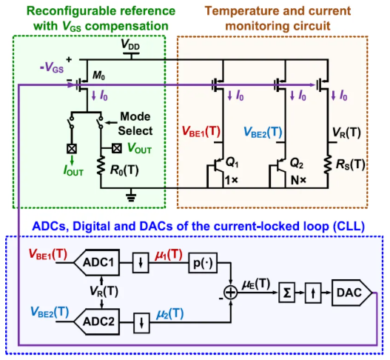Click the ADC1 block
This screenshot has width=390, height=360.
[97, 262]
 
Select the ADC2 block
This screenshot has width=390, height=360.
[97, 321]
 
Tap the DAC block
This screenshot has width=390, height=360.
[352, 293]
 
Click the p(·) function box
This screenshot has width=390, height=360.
[203, 263]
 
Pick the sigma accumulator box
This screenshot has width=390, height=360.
[287, 293]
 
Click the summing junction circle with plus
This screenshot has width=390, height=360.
[231, 293]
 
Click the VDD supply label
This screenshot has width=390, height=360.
[130, 44]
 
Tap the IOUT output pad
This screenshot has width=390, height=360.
[72, 149]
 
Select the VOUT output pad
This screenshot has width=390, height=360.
[117, 149]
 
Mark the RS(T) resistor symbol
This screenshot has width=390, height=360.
[328, 164]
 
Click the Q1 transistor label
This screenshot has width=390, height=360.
[232, 163]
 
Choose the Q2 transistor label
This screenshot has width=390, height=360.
[297, 164]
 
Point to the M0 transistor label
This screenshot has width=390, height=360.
[98, 75]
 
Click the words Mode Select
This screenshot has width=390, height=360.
[135, 124]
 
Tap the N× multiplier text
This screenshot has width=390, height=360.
[298, 180]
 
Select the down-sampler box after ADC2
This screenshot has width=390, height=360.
[142, 323]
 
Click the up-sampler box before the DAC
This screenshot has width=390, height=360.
[313, 293]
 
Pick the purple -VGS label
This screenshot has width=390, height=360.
[52, 67]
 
